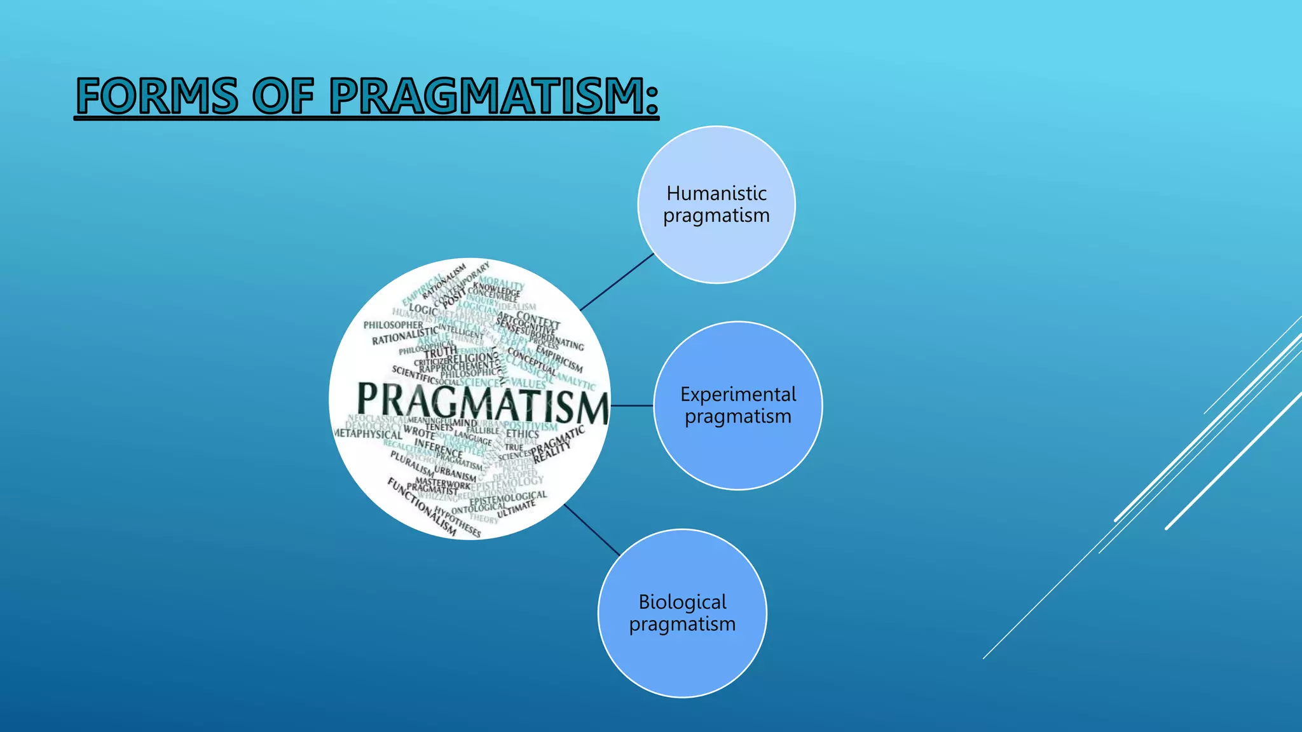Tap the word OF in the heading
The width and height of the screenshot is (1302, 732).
[x=284, y=96]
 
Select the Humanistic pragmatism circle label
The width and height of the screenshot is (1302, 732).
[x=716, y=205]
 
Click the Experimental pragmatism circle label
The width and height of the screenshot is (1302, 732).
[x=737, y=405]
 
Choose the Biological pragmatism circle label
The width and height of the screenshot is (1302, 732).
[x=682, y=613]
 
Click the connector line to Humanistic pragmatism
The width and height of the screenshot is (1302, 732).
[x=617, y=282]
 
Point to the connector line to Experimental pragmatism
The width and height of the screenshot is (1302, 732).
[x=632, y=405]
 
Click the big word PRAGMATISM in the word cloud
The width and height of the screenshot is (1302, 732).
[x=482, y=402]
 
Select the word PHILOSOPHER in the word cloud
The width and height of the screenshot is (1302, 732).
[x=393, y=325]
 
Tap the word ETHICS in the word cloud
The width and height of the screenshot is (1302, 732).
[x=523, y=433]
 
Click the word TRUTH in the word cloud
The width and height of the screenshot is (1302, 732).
[x=441, y=351]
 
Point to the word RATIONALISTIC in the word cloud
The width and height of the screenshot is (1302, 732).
[x=405, y=335]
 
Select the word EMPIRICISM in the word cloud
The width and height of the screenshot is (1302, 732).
[x=559, y=358]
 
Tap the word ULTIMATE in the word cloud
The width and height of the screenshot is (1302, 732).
[x=516, y=508]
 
